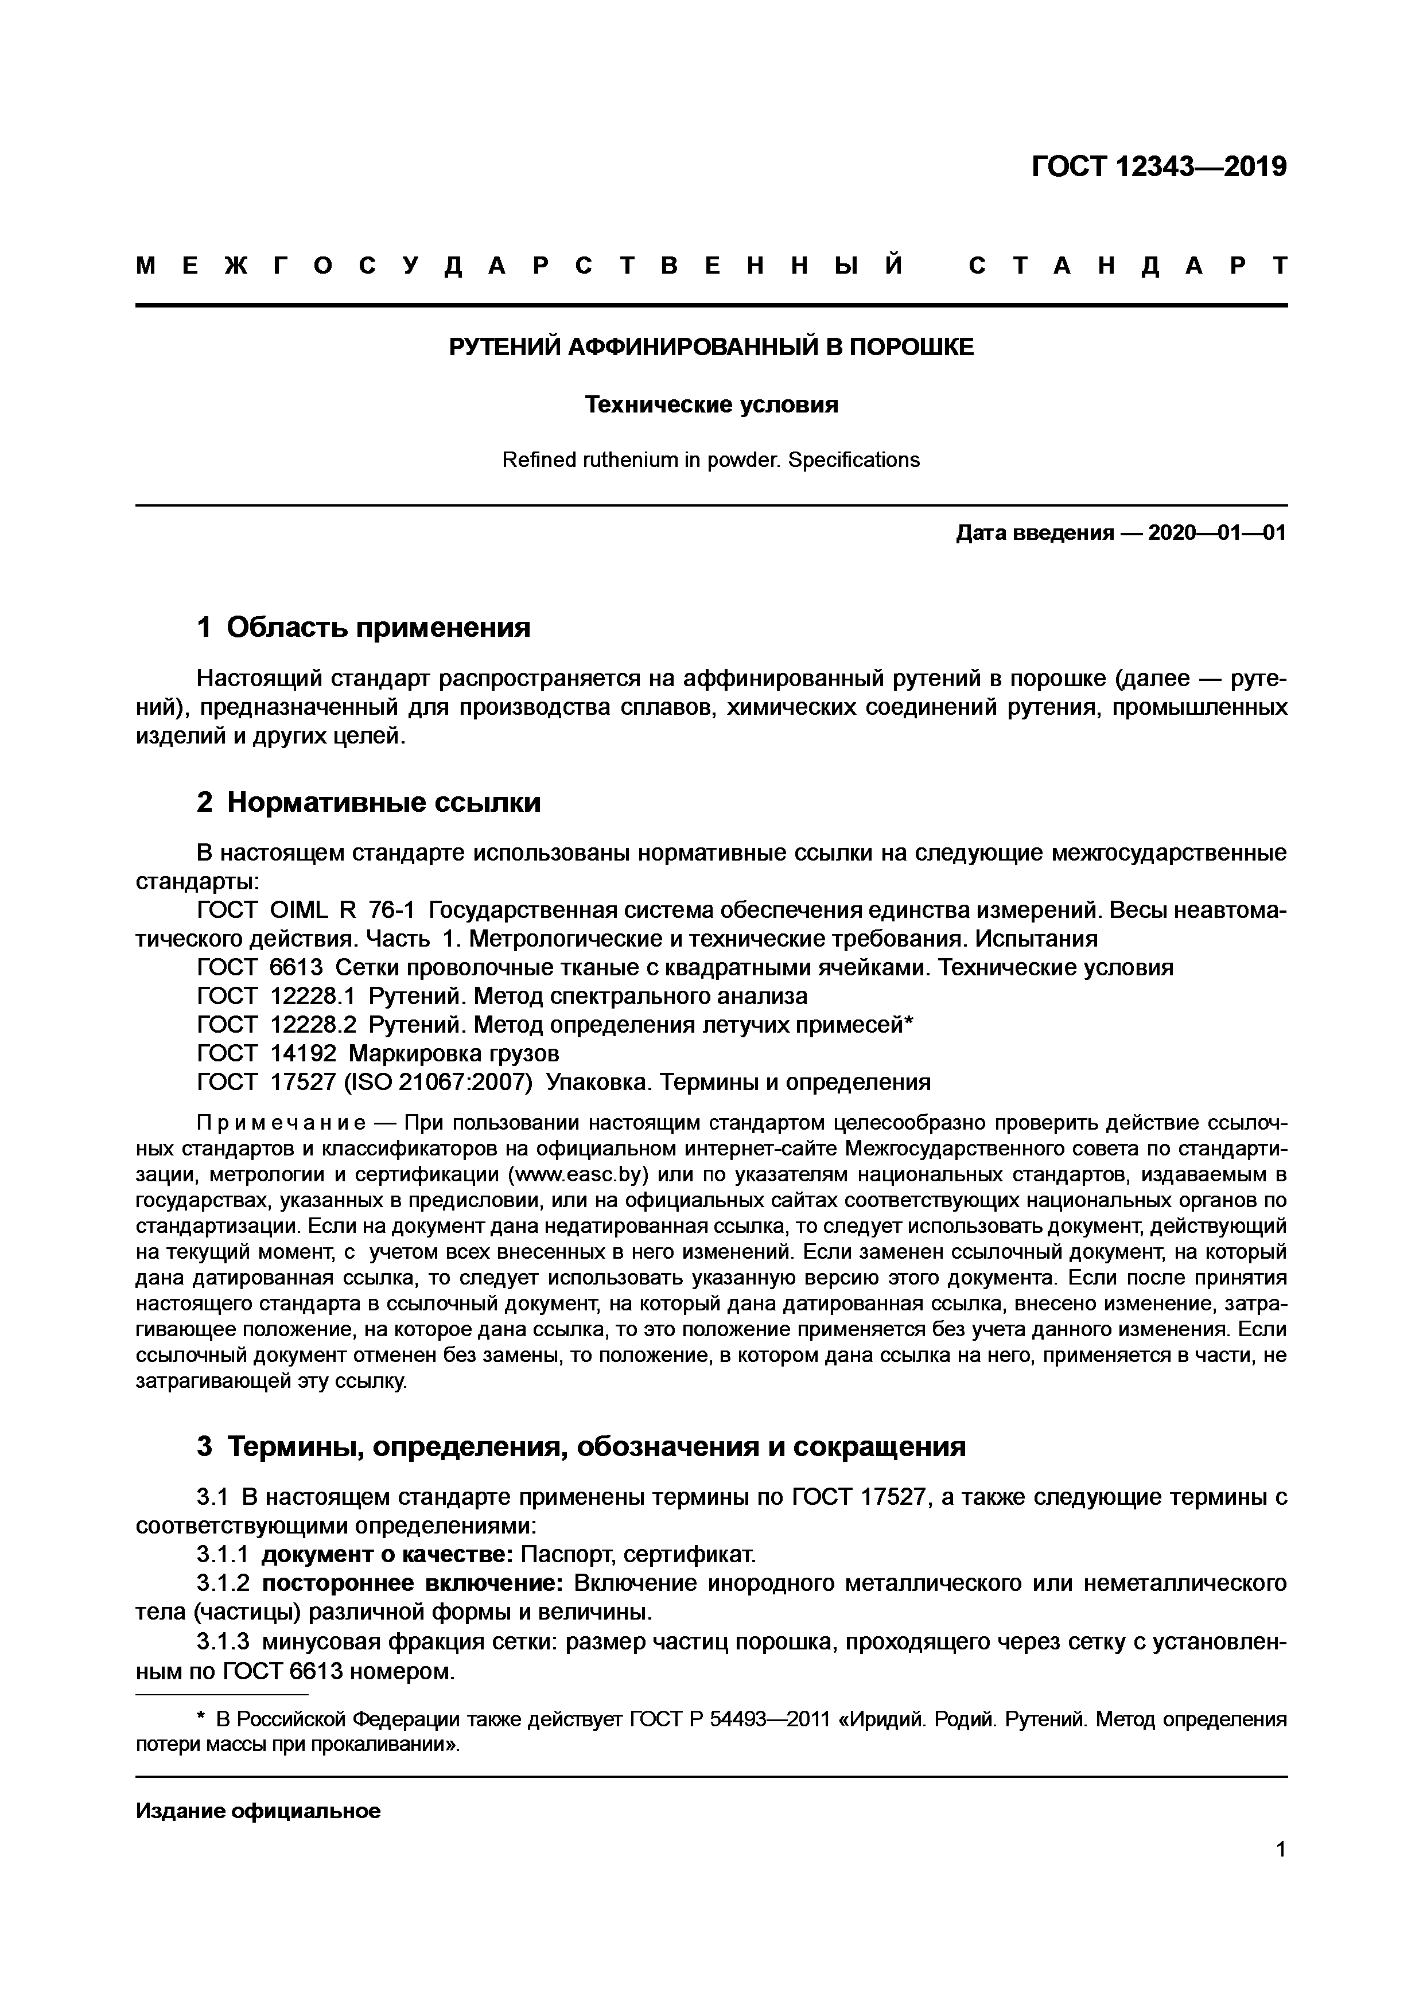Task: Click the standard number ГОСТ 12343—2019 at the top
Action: point(1158,166)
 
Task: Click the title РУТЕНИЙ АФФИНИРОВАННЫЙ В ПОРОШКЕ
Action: point(710,347)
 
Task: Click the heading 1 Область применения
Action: point(364,628)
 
